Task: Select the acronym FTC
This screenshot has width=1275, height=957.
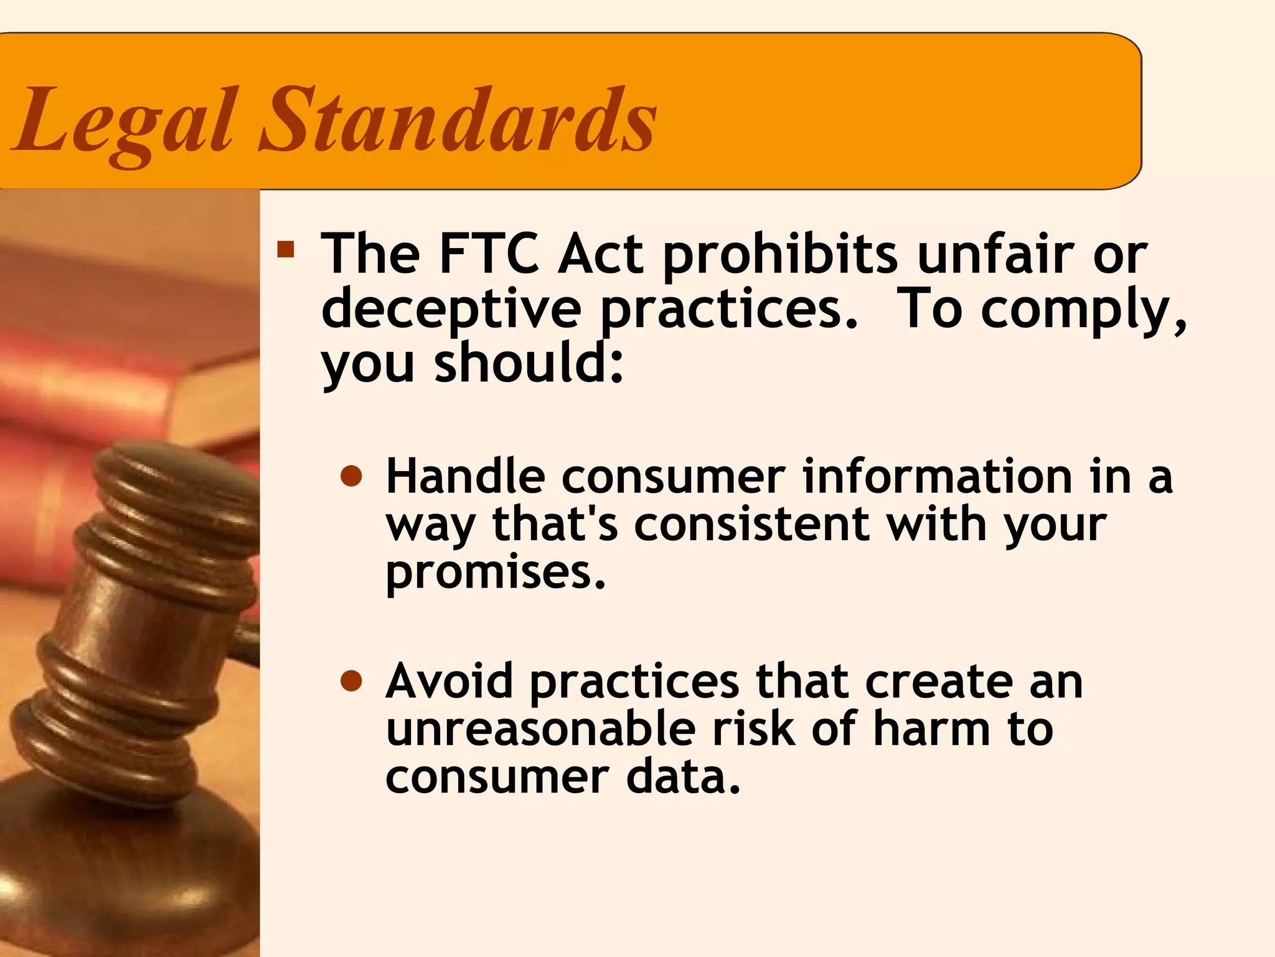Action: click(489, 254)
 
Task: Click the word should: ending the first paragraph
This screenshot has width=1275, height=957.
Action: click(529, 363)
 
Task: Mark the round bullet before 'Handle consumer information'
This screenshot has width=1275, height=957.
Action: click(352, 477)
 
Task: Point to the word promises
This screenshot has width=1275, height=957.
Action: click(496, 573)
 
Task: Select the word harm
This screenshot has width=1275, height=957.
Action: click(931, 729)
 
